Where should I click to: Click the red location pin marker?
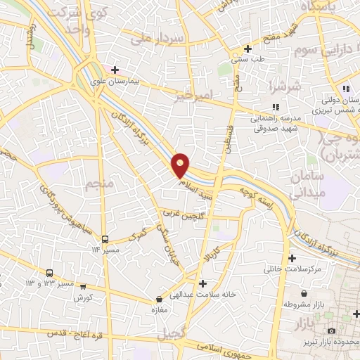181,165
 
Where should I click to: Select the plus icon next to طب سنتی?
247,49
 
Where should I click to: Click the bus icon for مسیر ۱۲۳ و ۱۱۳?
50,273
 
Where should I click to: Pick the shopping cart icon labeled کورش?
84,287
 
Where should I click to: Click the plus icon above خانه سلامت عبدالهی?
203,284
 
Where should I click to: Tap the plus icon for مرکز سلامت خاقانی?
291,258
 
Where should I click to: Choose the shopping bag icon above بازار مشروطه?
303,294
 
